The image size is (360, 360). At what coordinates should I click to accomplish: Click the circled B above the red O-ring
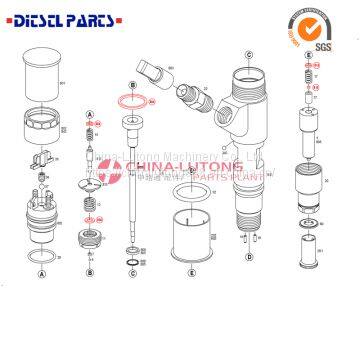coord(132,88)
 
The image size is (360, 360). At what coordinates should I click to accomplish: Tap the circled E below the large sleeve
coord(191,271)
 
